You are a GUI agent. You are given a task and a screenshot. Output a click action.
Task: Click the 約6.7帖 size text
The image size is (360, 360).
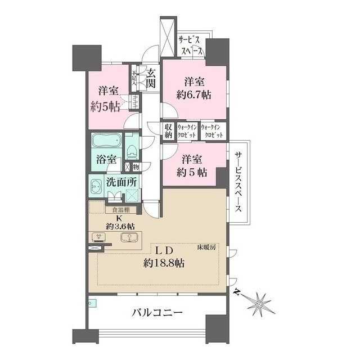pyautogui.click(x=192, y=95)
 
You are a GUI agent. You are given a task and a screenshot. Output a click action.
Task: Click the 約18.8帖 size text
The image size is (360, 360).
pyautogui.click(x=165, y=263)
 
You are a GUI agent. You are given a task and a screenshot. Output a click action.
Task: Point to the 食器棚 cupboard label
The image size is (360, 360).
pyautogui.click(x=120, y=210)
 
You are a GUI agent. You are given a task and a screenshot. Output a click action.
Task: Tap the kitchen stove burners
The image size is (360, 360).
pyautogui.click(x=98, y=237)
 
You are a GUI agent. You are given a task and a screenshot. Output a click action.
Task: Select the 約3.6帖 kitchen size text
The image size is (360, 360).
pyautogui.click(x=119, y=224)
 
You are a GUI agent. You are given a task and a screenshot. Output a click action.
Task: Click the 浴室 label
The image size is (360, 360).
pyautogui.click(x=105, y=160)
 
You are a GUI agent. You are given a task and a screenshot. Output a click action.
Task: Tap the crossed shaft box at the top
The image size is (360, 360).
pyautogui.click(x=168, y=37)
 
